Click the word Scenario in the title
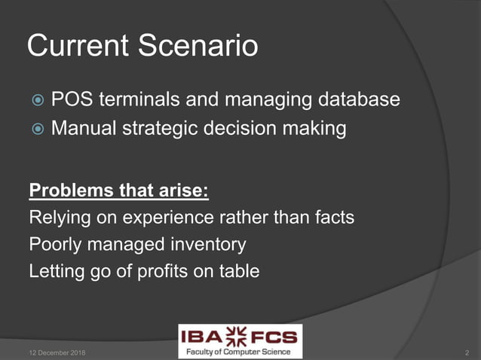pyautogui.click(x=198, y=47)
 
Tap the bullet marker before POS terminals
pyautogui.click(x=38, y=101)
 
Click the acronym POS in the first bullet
pyautogui.click(x=72, y=99)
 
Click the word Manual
pyautogui.click(x=85, y=129)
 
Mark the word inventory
pyautogui.click(x=210, y=245)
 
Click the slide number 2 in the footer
pyautogui.click(x=467, y=352)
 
